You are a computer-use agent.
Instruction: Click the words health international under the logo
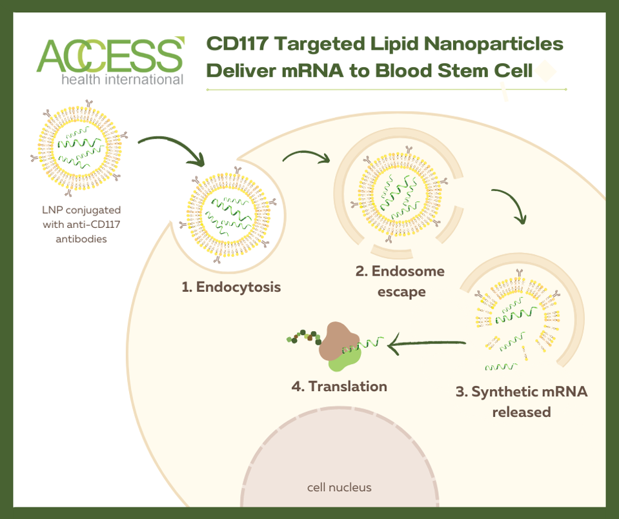(x=122, y=80)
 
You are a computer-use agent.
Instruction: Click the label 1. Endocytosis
(x=231, y=287)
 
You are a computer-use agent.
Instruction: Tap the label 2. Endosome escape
(x=400, y=281)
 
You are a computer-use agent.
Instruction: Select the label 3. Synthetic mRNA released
(x=522, y=401)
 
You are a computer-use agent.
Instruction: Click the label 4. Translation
(x=339, y=386)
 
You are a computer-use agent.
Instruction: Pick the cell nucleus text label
(x=339, y=487)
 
